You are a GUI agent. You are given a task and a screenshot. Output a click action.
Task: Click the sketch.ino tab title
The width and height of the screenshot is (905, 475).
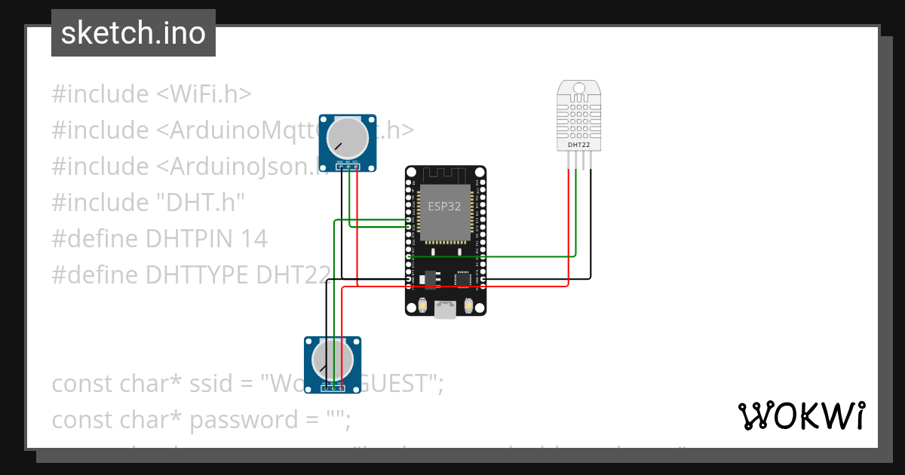133,33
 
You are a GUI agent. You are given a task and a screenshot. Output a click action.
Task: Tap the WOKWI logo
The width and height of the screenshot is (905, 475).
801,415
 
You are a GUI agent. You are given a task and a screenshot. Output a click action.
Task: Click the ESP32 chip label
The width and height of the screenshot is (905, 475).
444,207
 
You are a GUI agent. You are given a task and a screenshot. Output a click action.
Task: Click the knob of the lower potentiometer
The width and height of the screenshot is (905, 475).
333,360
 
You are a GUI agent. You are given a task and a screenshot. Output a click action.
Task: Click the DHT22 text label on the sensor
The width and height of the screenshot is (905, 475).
578,144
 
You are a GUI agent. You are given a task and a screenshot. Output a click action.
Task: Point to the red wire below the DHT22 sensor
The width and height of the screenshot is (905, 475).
568,226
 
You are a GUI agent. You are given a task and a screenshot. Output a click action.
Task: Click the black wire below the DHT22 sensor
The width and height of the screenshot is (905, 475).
591,226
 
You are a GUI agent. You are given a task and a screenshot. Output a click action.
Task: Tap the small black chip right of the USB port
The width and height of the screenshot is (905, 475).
462,279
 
